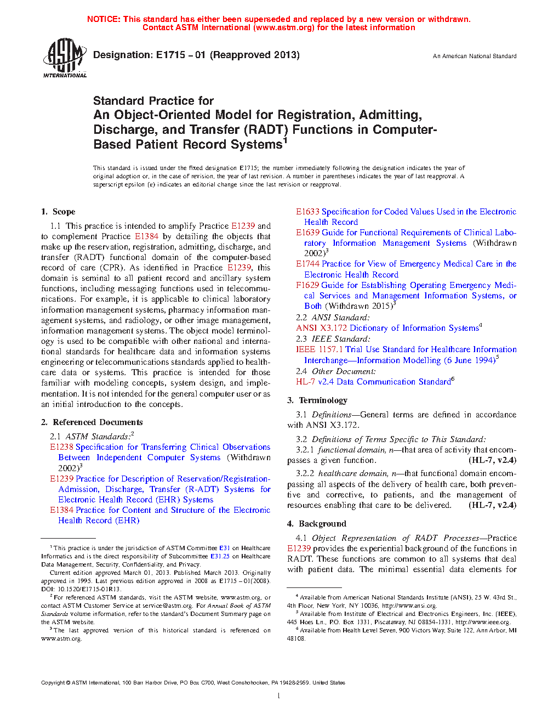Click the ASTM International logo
(65, 57)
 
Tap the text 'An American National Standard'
(475, 56)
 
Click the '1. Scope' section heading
(58, 212)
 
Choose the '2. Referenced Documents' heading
(92, 422)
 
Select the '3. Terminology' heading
(317, 400)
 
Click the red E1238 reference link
(61, 447)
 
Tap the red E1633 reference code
(307, 212)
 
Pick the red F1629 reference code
(307, 285)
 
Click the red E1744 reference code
(307, 264)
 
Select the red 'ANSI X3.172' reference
(321, 328)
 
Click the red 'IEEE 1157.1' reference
(319, 349)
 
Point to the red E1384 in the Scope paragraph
(146, 236)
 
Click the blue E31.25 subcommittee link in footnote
(220, 556)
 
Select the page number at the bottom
(279, 696)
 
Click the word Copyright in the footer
(53, 683)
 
